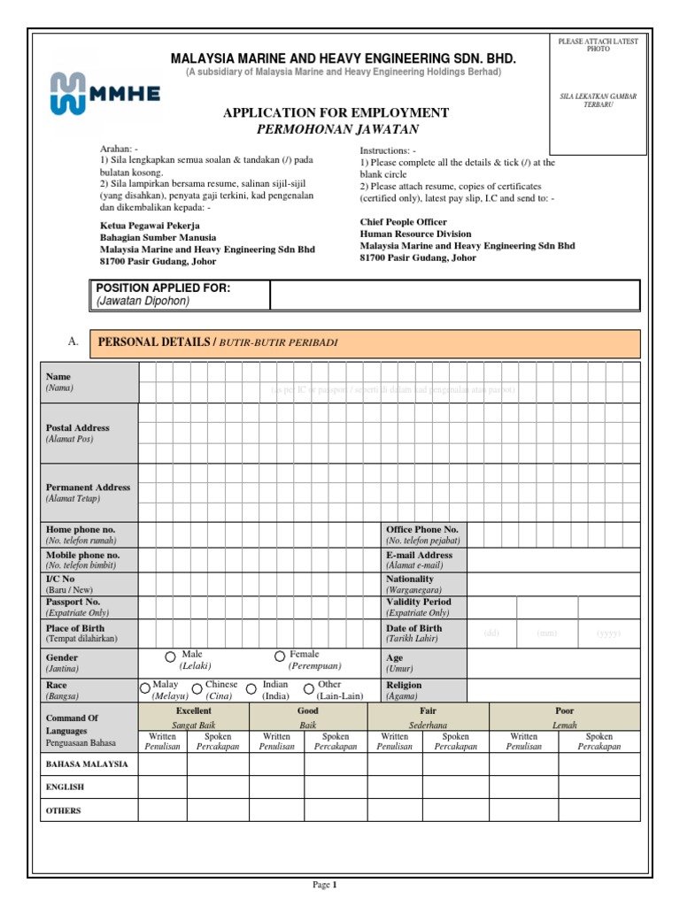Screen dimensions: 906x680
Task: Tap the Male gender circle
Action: (x=170, y=656)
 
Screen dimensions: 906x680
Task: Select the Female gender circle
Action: (x=280, y=656)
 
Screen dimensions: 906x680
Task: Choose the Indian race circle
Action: (x=251, y=687)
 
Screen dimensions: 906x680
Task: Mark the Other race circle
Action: (x=308, y=687)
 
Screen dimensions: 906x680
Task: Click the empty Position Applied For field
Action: (x=454, y=295)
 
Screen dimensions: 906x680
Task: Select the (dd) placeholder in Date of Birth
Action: (x=491, y=633)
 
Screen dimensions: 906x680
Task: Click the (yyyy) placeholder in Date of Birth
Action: (x=607, y=633)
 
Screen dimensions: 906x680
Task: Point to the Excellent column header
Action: (x=194, y=710)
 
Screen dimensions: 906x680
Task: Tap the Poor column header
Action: (x=564, y=710)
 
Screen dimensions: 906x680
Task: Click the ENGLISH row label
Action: (x=65, y=786)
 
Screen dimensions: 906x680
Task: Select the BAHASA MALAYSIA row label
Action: (x=87, y=763)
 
